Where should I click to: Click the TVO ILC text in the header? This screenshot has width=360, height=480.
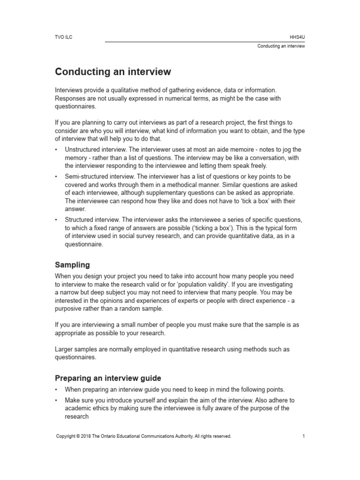tap(63, 36)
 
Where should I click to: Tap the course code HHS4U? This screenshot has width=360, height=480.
tap(298, 36)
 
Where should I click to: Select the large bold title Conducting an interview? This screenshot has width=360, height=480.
tap(113, 72)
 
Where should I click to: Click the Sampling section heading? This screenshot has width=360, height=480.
tap(72, 265)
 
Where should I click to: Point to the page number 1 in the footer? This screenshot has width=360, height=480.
tap(304, 436)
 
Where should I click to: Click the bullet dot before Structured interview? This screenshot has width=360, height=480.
tap(57, 220)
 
